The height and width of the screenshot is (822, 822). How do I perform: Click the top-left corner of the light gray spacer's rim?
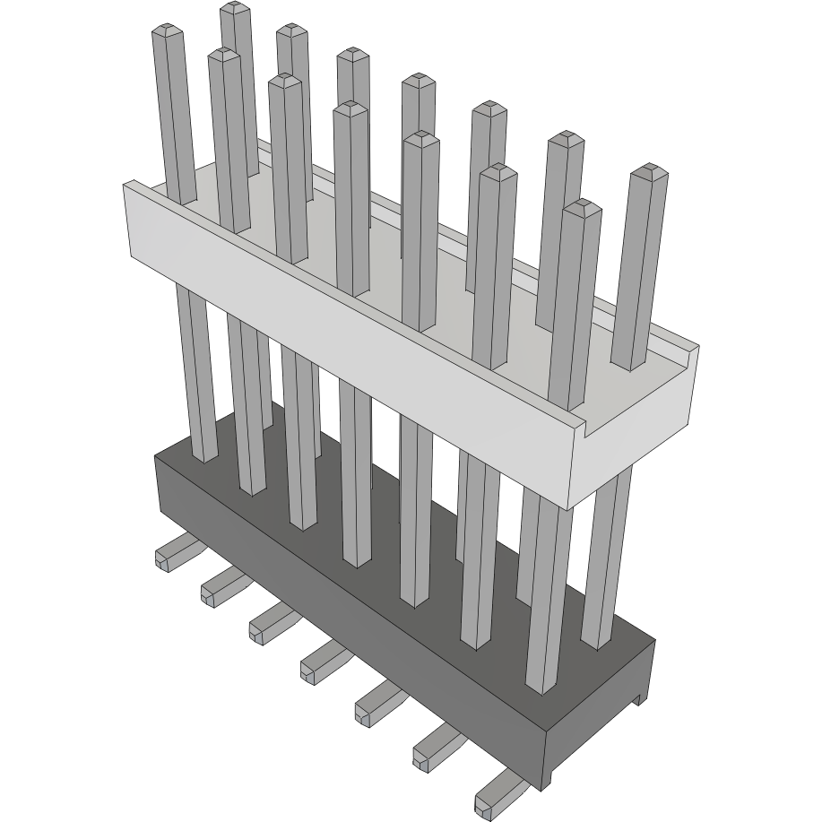[x=126, y=184]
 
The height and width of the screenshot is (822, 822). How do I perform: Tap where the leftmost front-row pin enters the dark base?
[x=204, y=457]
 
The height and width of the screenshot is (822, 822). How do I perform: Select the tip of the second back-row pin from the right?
[x=566, y=138]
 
